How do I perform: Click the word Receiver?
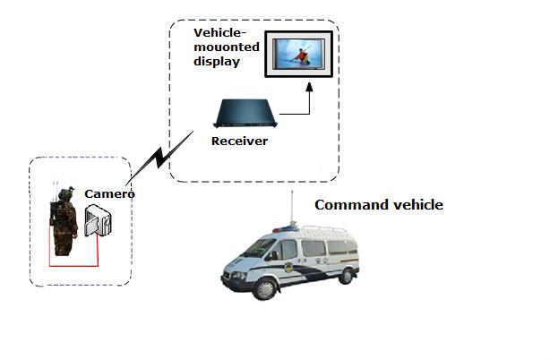(239, 141)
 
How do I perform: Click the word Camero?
(109, 194)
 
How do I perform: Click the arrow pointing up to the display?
(309, 93)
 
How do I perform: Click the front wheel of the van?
(265, 286)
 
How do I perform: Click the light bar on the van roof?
(284, 229)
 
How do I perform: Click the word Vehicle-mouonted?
(221, 41)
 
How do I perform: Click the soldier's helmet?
(64, 193)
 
